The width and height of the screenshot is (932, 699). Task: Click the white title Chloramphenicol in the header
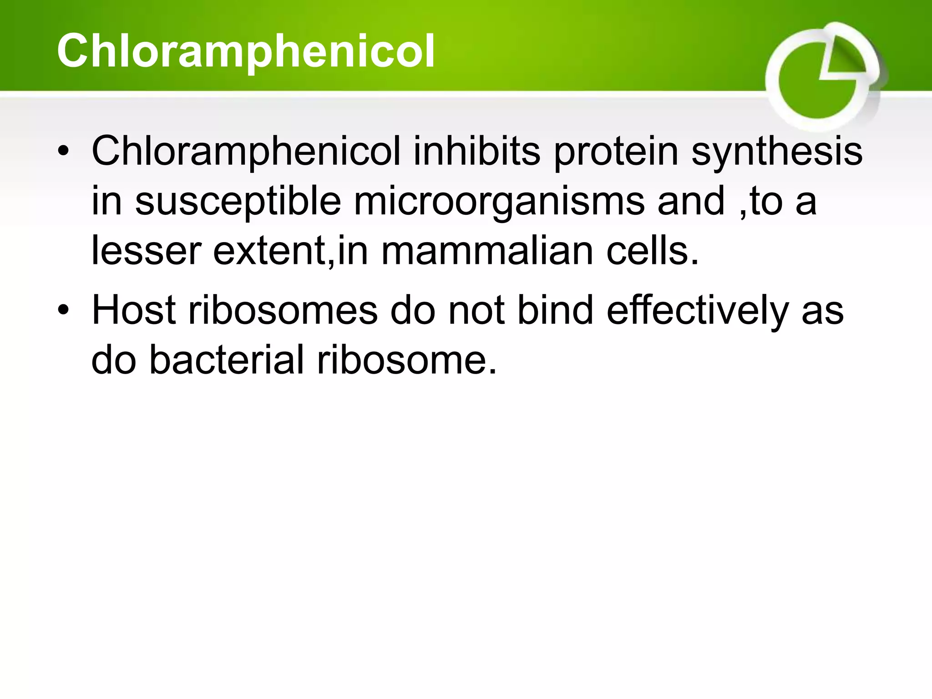pos(246,51)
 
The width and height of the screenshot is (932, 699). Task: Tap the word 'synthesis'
pos(776,152)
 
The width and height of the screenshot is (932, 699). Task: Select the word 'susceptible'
pos(238,201)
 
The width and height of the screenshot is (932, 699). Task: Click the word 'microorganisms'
pos(499,201)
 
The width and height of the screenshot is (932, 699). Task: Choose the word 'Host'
pos(134,310)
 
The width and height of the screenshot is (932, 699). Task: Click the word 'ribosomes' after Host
pos(283,310)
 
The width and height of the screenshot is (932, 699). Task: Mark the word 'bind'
pos(555,310)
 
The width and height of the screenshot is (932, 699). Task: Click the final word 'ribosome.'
pos(407,360)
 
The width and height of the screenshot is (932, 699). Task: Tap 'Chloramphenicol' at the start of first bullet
pos(246,152)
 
